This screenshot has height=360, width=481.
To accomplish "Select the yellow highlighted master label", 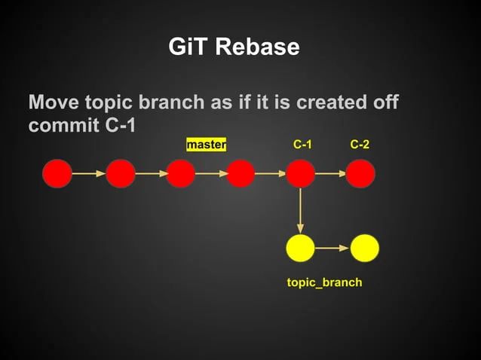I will click(206, 144).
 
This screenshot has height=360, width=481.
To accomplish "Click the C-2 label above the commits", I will click(360, 144).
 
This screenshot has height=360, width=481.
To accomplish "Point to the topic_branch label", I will click(324, 282).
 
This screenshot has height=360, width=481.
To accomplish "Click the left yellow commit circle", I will click(301, 247).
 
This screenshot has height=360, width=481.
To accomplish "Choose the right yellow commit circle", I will click(364, 247).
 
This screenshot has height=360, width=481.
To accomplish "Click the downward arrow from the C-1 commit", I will click(301, 210).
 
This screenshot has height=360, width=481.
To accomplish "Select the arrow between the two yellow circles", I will click(332, 247).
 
